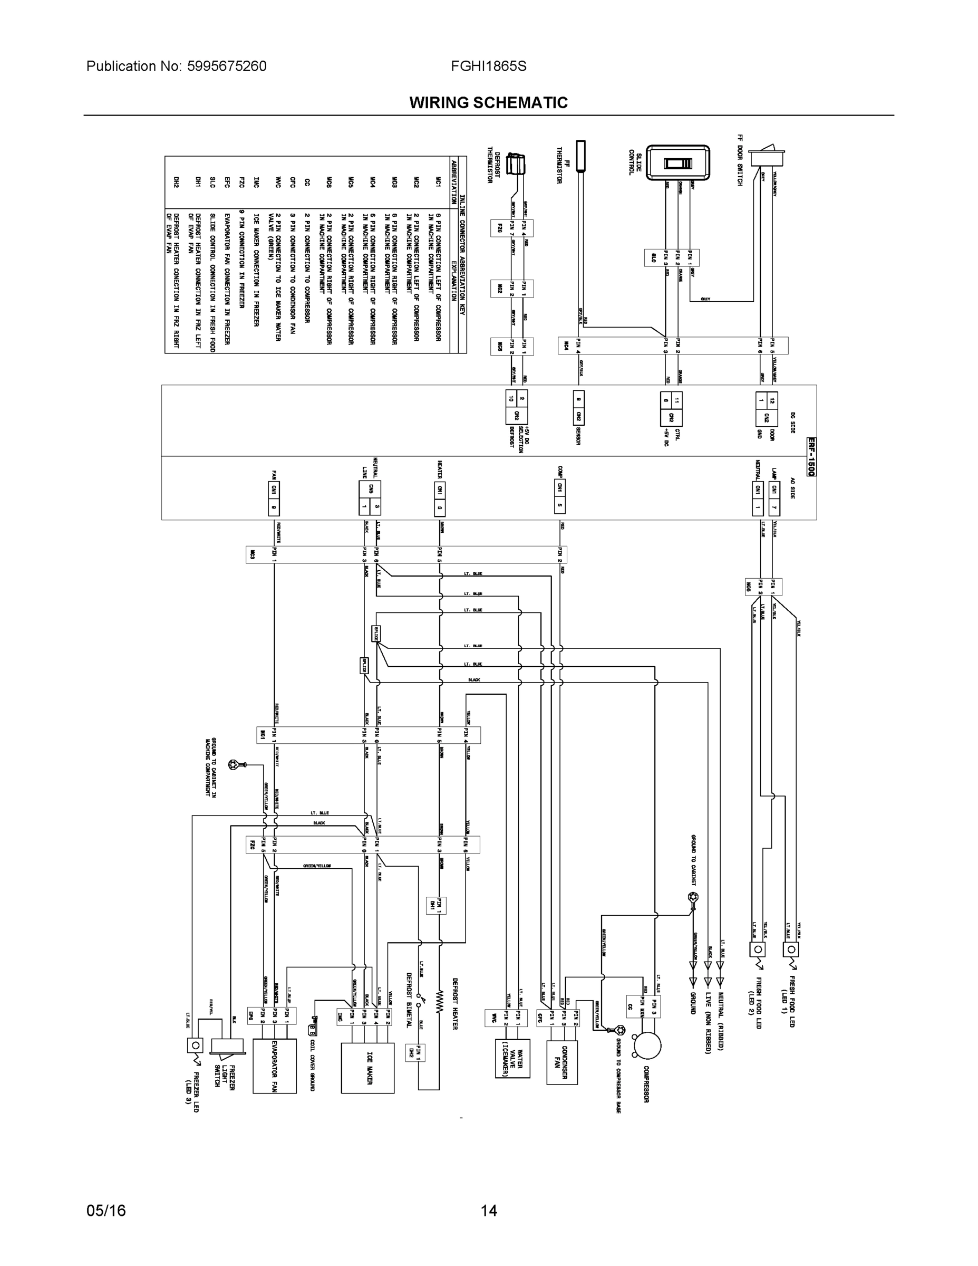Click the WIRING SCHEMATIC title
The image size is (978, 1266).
pos(488,103)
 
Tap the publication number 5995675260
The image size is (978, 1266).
pos(227,66)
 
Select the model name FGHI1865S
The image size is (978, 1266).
pos(488,66)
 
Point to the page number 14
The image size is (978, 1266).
pos(488,1211)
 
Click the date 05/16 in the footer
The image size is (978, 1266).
pos(106,1211)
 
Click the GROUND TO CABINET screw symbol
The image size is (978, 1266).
pos(692,897)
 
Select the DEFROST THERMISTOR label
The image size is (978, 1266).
pos(493,165)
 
